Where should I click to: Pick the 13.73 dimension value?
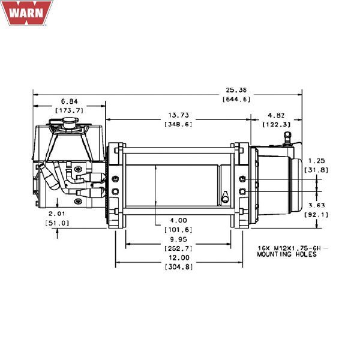(x=178, y=115)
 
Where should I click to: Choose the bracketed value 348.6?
(x=178, y=124)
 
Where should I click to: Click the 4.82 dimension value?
(x=277, y=115)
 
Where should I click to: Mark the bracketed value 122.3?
(x=277, y=124)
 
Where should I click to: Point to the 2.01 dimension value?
(x=57, y=213)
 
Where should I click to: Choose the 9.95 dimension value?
(x=178, y=238)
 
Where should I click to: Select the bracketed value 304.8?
(x=178, y=266)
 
